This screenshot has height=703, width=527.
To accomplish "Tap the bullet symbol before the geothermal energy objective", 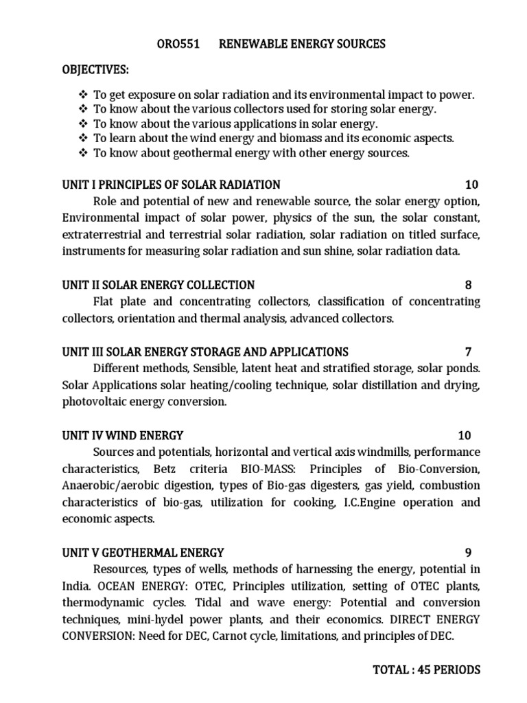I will pos(84,153).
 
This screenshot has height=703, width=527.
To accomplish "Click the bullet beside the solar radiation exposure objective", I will pos(84,95).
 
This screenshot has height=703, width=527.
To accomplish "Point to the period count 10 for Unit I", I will pos(471,185).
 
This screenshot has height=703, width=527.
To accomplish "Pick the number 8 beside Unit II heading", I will pos(467,285).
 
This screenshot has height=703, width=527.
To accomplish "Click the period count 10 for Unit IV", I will pos(464,435).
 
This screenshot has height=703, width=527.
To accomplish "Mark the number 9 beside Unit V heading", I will pos(467,552).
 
